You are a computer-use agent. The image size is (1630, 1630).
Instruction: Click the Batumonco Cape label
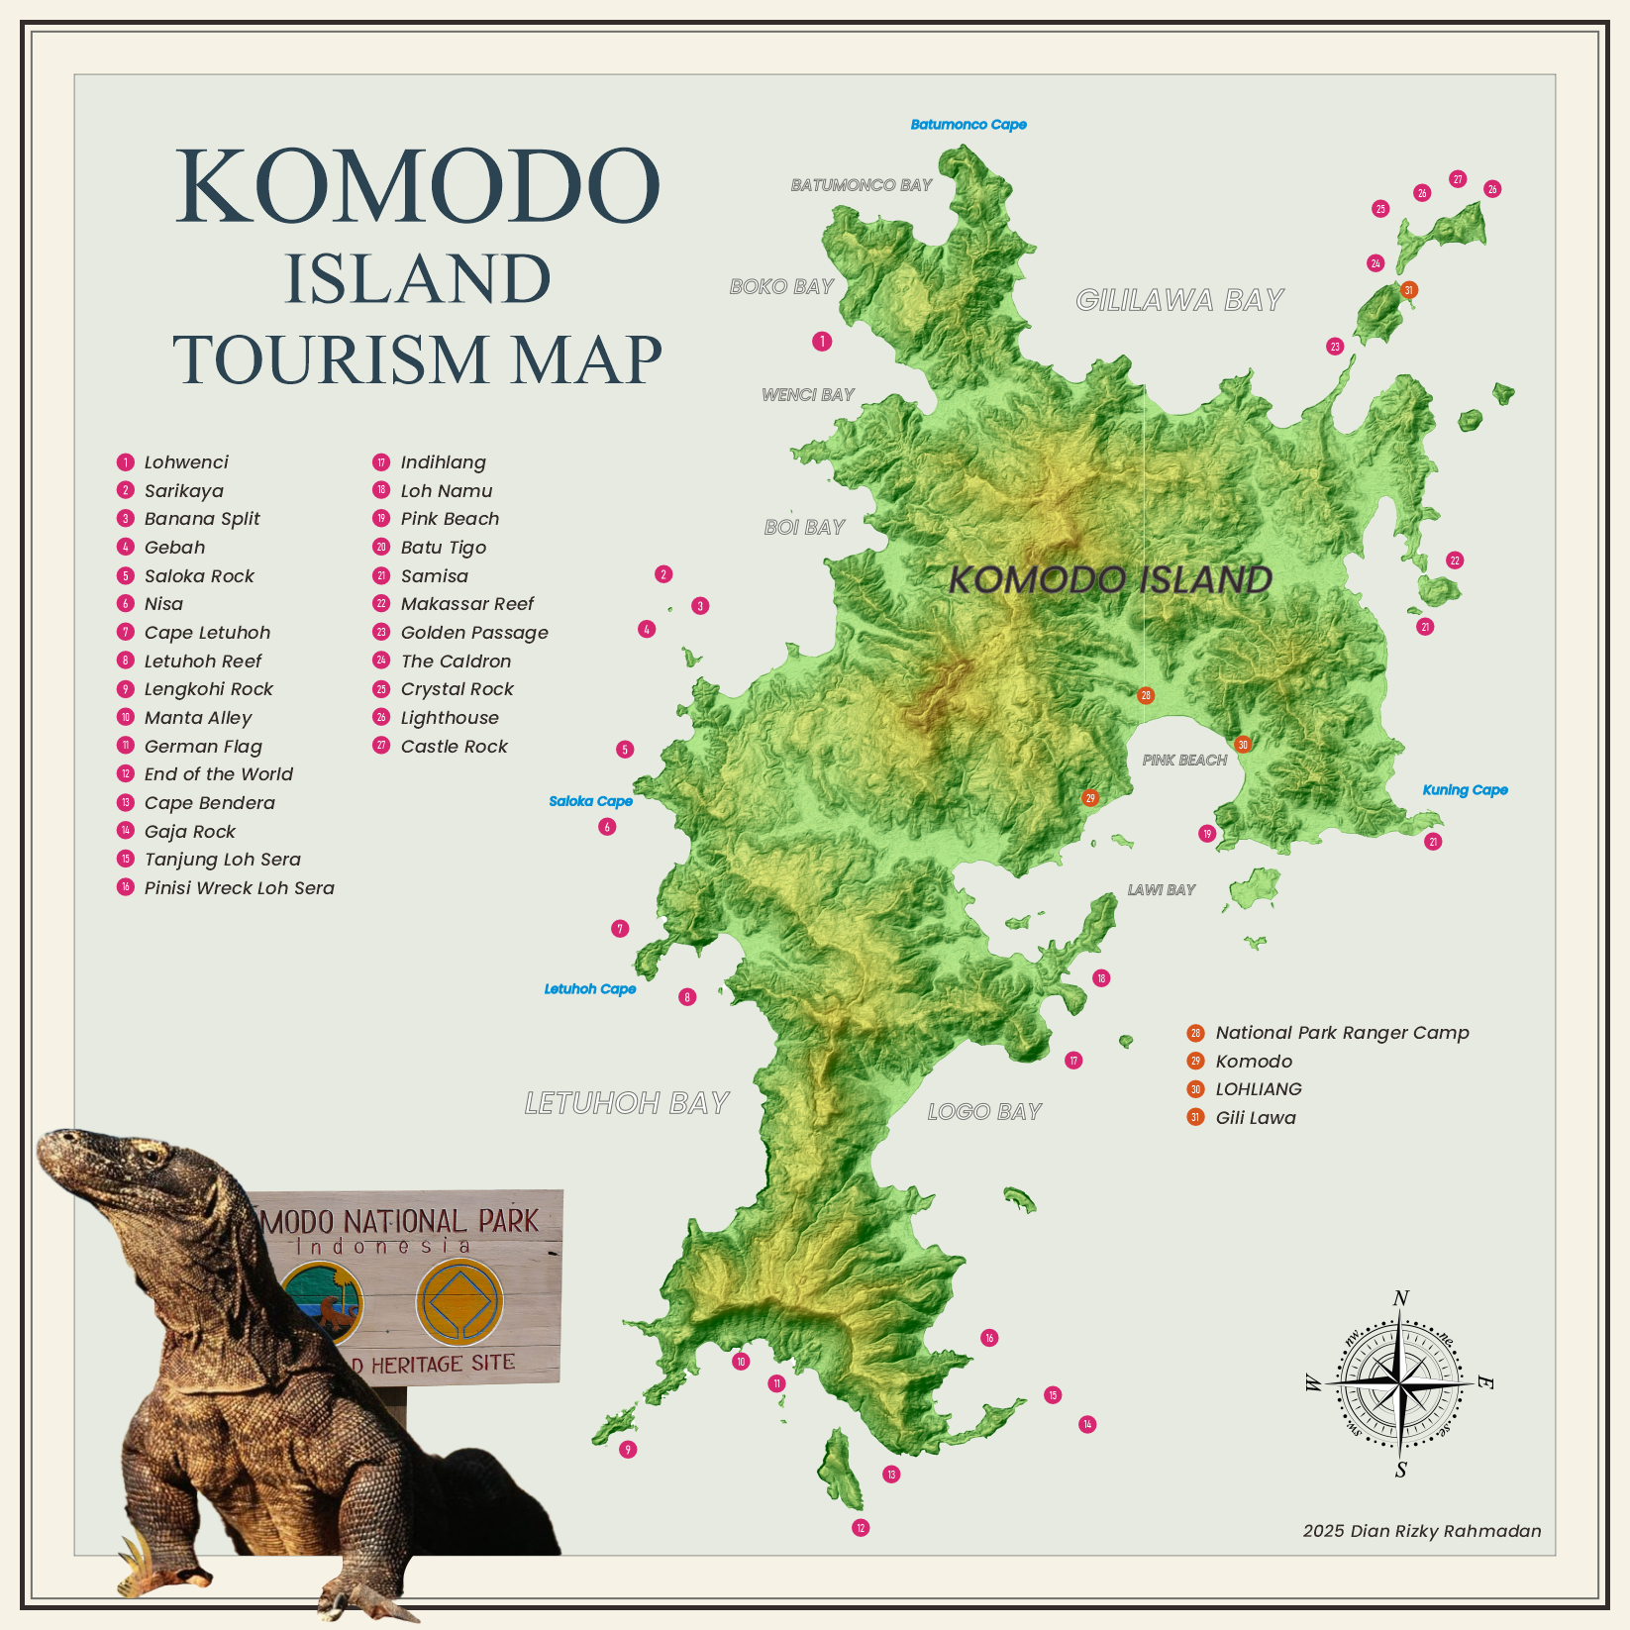(968, 125)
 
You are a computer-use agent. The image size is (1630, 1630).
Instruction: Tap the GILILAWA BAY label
(1178, 300)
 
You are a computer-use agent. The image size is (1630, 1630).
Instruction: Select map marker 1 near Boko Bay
(822, 342)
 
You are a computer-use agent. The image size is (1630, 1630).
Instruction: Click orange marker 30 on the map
(1242, 745)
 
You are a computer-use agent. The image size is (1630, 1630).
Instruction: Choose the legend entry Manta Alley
(197, 718)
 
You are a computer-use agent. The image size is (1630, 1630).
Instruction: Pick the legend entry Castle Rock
(454, 747)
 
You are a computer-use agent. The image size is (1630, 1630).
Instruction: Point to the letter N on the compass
(1400, 1298)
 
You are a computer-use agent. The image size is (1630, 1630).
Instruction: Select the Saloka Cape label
(590, 801)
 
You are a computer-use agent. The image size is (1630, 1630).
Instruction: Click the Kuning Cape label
(1465, 790)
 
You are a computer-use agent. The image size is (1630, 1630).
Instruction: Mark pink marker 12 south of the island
(861, 1528)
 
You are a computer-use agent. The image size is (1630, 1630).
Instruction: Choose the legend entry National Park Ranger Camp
(1341, 1033)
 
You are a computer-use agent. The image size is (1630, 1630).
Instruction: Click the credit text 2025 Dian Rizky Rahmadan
(1421, 1531)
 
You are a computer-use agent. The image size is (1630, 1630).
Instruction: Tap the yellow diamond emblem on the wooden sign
(458, 1302)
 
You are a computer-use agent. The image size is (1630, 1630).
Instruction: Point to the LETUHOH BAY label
(626, 1103)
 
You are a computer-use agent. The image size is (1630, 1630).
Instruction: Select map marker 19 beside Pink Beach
(1206, 834)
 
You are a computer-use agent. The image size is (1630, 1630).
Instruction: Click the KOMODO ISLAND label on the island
(1110, 579)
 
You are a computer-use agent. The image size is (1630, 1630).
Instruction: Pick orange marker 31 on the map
(1408, 290)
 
